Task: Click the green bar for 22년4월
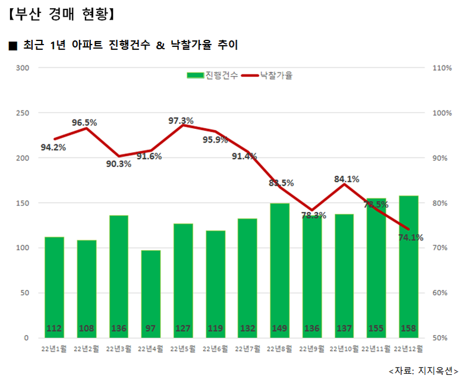click(x=150, y=294)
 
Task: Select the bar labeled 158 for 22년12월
click(x=408, y=267)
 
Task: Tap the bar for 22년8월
click(x=279, y=270)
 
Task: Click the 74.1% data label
click(x=410, y=238)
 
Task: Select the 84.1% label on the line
click(x=347, y=178)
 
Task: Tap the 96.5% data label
click(x=84, y=122)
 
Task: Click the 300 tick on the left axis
click(x=23, y=68)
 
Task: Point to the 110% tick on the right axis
click(x=441, y=68)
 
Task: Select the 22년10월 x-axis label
click(x=344, y=349)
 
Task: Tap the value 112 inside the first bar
click(x=54, y=329)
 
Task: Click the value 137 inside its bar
click(x=344, y=329)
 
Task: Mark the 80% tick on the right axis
click(x=440, y=203)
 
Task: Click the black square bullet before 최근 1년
click(x=13, y=46)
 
